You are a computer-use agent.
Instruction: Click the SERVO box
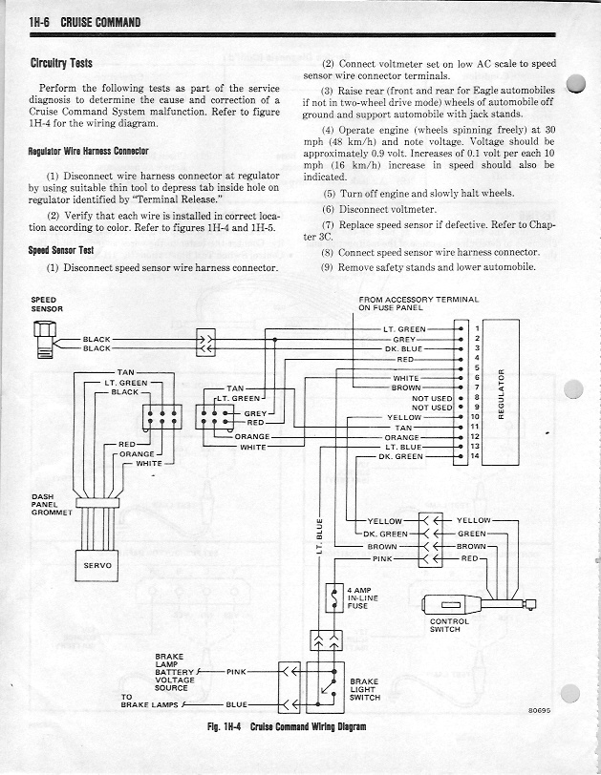coord(99,565)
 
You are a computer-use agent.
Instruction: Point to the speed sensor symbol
coord(44,339)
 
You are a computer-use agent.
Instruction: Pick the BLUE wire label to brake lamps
coord(235,704)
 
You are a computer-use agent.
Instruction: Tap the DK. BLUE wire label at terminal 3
coord(403,348)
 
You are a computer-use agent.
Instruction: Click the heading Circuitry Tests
coord(61,64)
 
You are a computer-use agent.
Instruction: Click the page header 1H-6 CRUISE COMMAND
coord(86,21)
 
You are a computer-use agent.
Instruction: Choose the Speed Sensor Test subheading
coord(59,251)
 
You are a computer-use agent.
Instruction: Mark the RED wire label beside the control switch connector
coord(468,557)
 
